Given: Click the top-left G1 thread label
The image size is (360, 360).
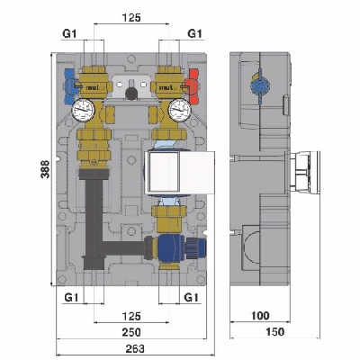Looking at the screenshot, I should [67, 33].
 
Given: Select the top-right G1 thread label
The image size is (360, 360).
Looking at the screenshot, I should [193, 33].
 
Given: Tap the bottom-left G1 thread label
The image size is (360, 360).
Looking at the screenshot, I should [69, 296].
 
